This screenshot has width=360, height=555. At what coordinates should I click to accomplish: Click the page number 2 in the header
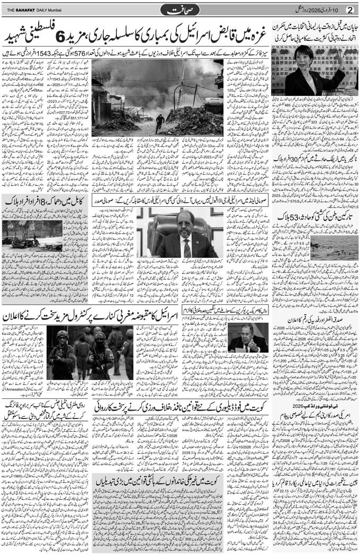point(349,10)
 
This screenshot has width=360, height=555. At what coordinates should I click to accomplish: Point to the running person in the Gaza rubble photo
point(159,124)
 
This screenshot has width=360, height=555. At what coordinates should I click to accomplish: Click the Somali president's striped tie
point(186,247)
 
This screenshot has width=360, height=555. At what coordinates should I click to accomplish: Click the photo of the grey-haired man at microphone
point(247,336)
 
